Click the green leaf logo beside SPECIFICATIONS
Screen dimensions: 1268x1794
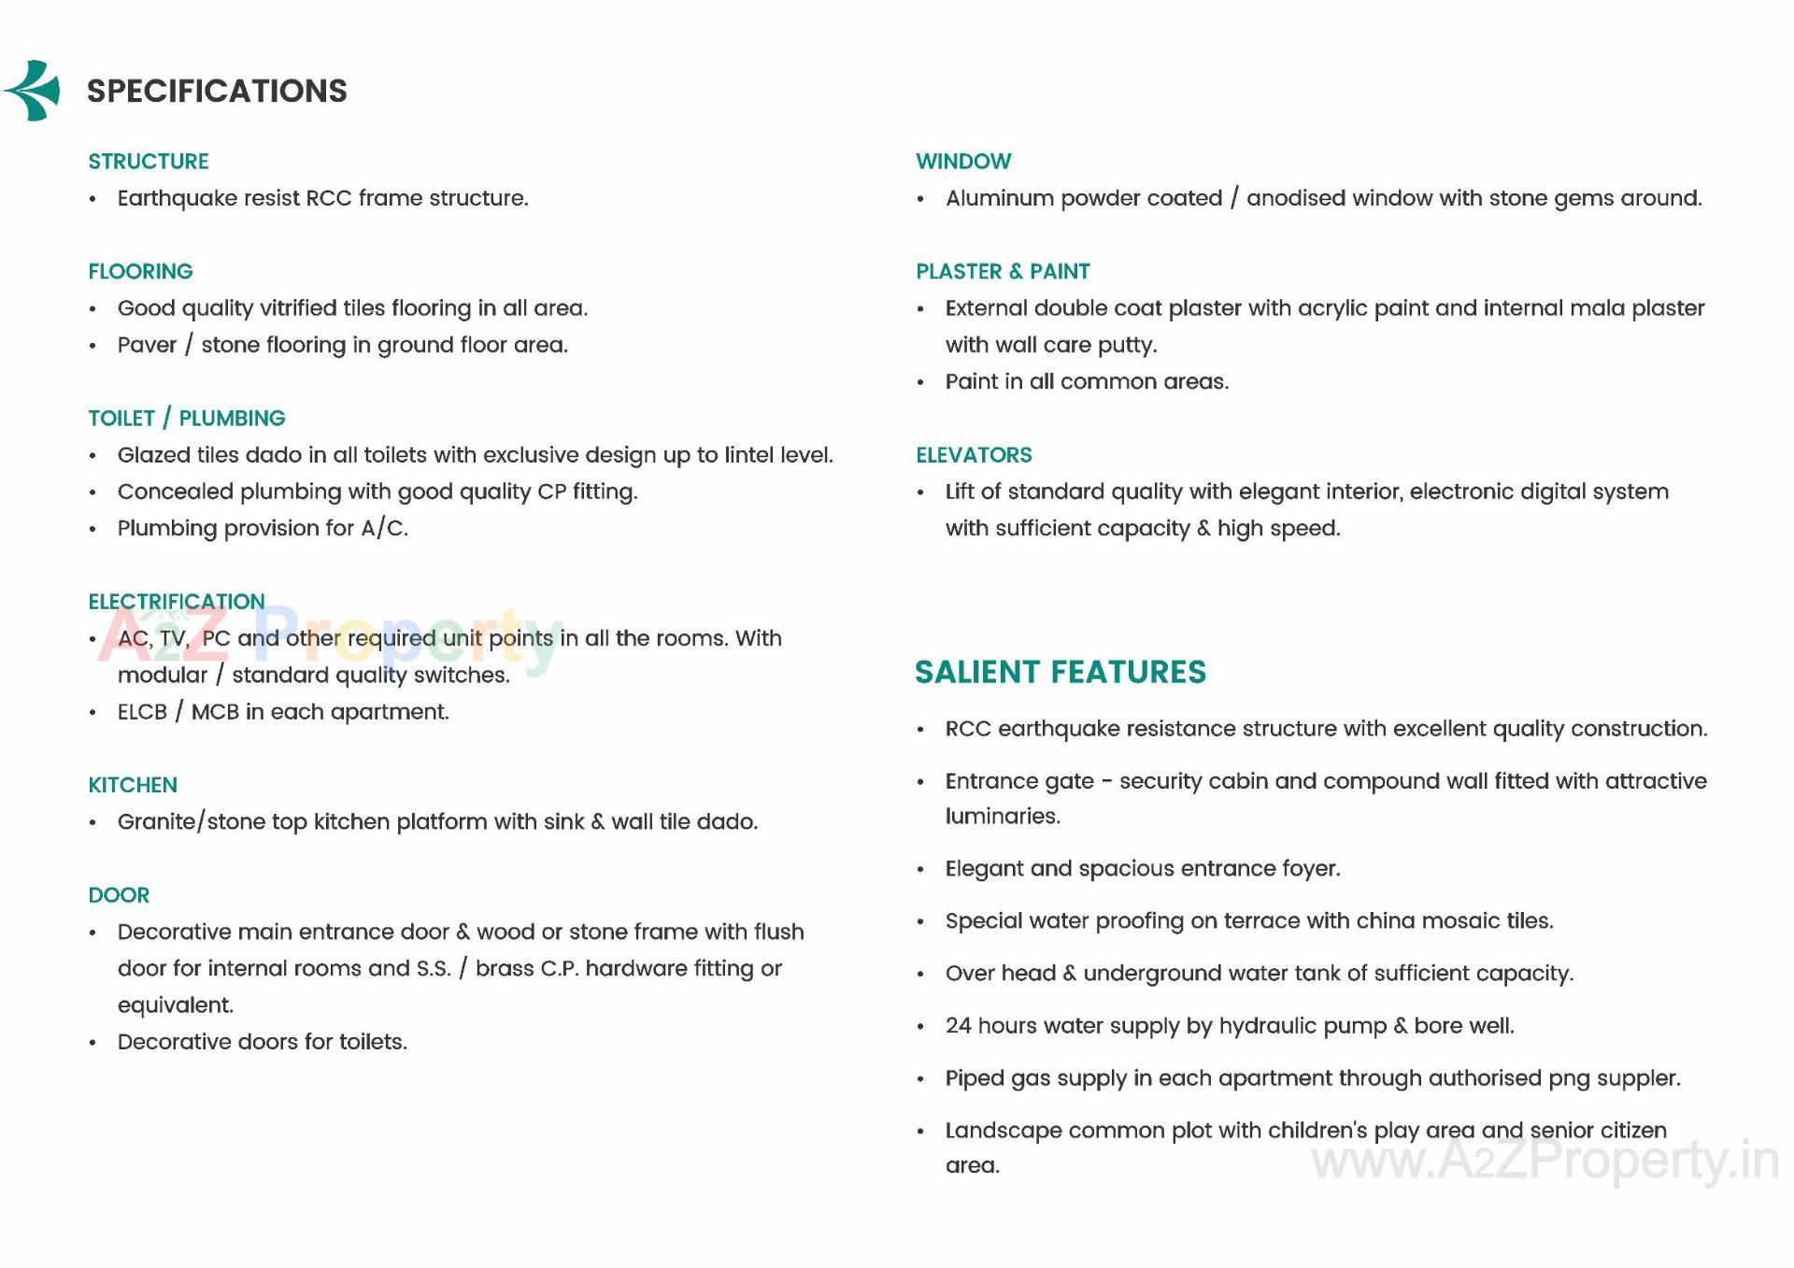pos(34,91)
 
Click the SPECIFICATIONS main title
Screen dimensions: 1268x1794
pos(217,91)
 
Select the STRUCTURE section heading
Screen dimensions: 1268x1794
pos(149,162)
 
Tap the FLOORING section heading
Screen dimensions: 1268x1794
pos(140,272)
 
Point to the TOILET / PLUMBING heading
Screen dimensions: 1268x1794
pos(187,419)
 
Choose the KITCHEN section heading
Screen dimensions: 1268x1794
pos(133,785)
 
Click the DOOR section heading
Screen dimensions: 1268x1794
pos(119,895)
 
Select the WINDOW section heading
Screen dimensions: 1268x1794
pos(963,162)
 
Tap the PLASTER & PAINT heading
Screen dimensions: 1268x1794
pos(1003,272)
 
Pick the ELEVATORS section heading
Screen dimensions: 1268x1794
pos(974,455)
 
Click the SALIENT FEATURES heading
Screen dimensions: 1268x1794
pos(1061,672)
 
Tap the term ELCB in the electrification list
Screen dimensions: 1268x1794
pos(142,712)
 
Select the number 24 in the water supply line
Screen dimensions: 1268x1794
pos(958,1026)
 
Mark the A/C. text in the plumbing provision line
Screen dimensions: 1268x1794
pos(384,529)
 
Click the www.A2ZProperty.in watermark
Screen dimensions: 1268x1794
pos(1545,1161)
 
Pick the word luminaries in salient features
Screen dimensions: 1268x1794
pos(1002,817)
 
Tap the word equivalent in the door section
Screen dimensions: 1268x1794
pos(176,1005)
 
